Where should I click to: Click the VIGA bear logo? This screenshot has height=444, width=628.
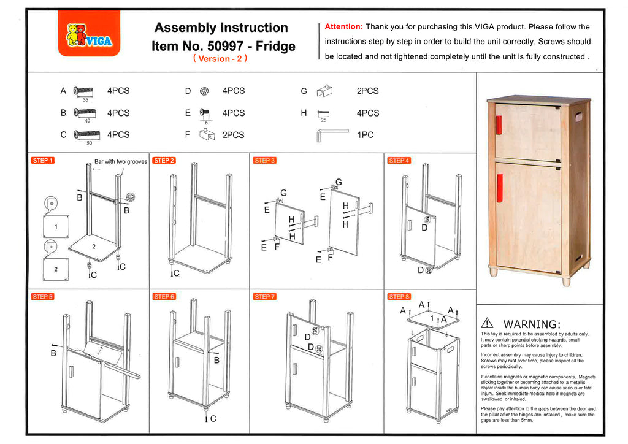[x=88, y=36]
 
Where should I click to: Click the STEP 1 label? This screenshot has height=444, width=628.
[x=42, y=161]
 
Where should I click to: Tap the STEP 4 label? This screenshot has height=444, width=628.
[x=399, y=161]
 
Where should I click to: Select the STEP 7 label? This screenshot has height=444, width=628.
[x=264, y=297]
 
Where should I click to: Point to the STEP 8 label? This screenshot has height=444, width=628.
[x=399, y=297]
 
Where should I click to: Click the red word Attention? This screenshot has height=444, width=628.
[x=343, y=26]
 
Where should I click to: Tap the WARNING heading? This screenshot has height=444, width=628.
[x=531, y=324]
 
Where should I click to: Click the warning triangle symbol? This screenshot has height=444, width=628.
[x=488, y=323]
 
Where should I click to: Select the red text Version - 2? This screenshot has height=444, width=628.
[x=220, y=59]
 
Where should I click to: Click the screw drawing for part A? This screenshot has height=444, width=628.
[x=83, y=91]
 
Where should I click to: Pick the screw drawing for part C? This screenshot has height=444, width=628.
[x=86, y=134]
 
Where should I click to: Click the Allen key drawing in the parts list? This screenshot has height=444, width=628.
[x=332, y=134]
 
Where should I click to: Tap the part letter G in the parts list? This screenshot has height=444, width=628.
[x=304, y=91]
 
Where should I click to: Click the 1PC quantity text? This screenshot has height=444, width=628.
[x=365, y=135]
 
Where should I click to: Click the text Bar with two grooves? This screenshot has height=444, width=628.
[x=121, y=162]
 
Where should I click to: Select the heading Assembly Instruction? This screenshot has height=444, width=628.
[x=221, y=28]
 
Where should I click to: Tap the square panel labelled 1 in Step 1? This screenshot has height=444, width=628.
[x=56, y=226]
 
